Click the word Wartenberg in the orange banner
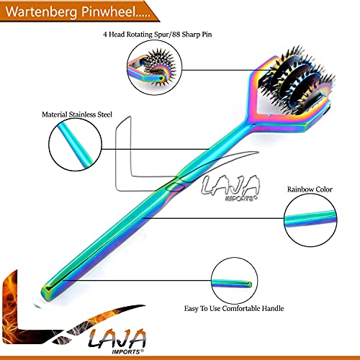41,12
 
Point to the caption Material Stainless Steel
77,114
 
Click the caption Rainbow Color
310,189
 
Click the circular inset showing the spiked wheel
154,68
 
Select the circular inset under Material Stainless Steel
75,145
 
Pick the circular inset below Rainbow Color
310,220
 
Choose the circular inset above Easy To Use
235,281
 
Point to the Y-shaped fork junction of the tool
250,121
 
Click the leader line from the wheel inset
227,70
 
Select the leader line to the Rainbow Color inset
214,218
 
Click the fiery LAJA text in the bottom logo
117,338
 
